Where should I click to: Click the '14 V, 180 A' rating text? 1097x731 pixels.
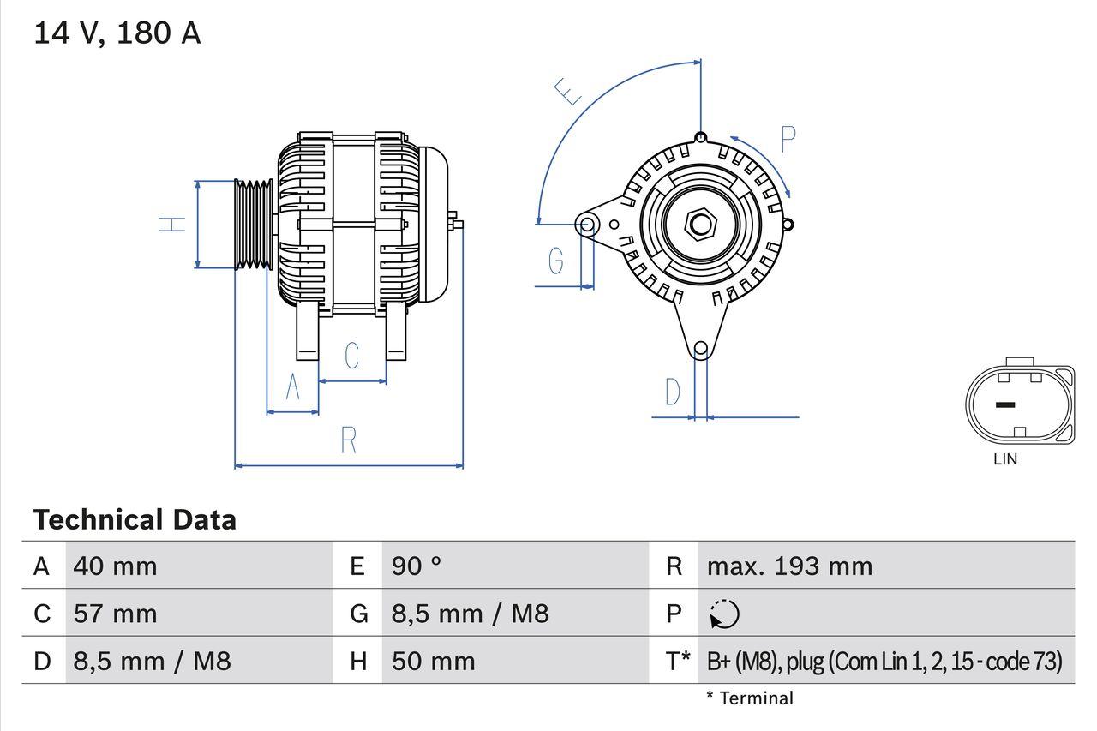(117, 33)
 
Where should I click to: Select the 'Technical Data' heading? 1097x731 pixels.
(135, 520)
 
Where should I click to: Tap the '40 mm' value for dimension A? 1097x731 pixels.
(116, 566)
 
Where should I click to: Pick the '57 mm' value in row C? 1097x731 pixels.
(116, 614)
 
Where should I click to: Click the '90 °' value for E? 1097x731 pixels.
(417, 566)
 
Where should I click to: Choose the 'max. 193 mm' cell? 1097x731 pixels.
(789, 566)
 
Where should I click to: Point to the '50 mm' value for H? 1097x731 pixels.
(433, 661)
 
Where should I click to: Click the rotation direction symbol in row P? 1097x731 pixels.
(724, 614)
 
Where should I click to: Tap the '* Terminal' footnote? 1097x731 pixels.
(750, 698)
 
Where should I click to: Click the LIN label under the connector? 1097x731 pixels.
(1005, 459)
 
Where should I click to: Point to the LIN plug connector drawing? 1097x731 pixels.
(1019, 405)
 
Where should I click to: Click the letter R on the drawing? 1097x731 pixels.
(348, 440)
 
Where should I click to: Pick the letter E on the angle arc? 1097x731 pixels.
(568, 92)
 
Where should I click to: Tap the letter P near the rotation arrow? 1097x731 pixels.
(788, 139)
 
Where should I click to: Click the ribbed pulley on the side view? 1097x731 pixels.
(254, 224)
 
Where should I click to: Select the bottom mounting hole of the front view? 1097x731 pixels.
(701, 348)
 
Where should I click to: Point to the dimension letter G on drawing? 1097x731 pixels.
(555, 260)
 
